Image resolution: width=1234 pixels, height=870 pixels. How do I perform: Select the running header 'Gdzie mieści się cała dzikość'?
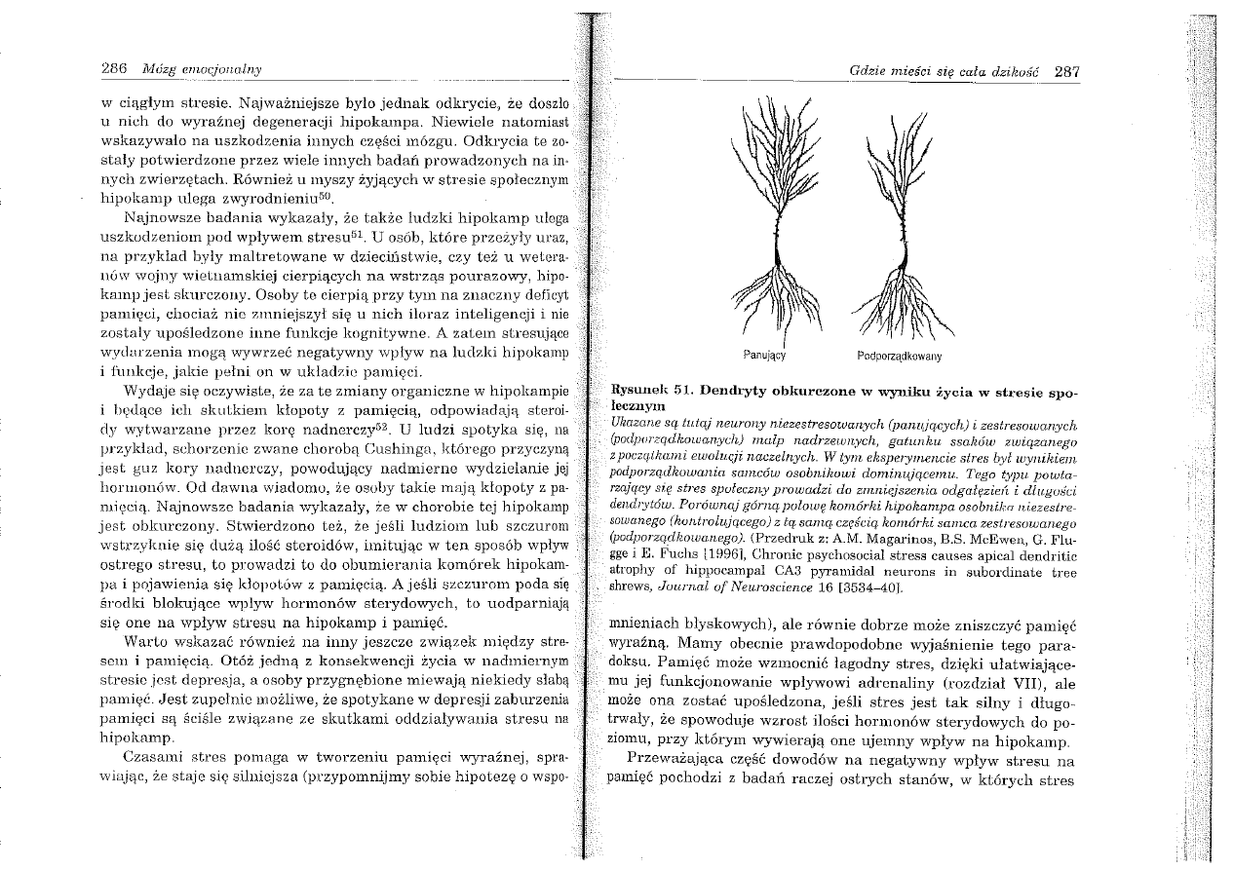945,71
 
